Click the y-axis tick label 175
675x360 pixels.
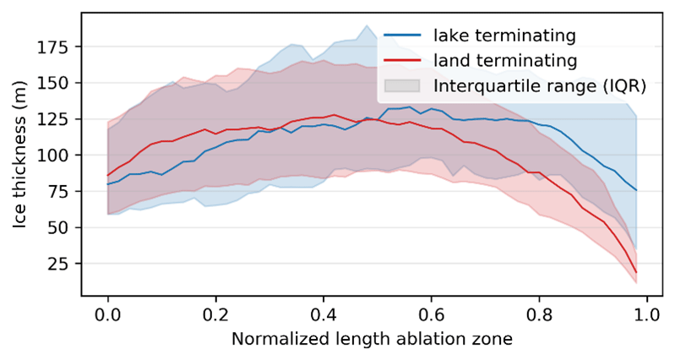(56, 47)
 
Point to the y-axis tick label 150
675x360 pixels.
(56, 84)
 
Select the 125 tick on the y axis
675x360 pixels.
(56, 120)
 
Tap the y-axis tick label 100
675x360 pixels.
(56, 156)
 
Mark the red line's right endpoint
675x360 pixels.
(635, 272)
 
